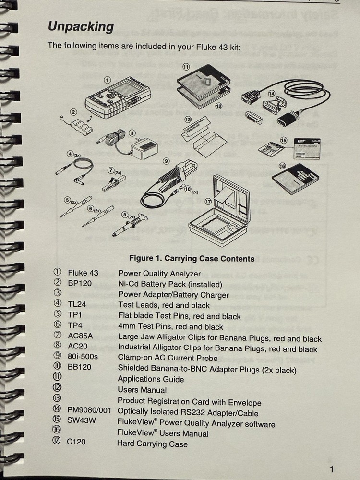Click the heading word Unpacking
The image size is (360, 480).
coord(81,27)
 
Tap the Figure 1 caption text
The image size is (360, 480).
coord(192,259)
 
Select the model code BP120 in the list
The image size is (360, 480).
coord(79,283)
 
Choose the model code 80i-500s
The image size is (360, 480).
coord(83,358)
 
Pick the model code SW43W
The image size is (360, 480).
coord(80,424)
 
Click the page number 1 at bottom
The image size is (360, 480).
coord(332,469)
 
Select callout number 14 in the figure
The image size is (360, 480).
coord(272,94)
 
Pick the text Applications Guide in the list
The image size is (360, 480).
coord(151,379)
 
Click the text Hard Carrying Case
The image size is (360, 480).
coord(152,444)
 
